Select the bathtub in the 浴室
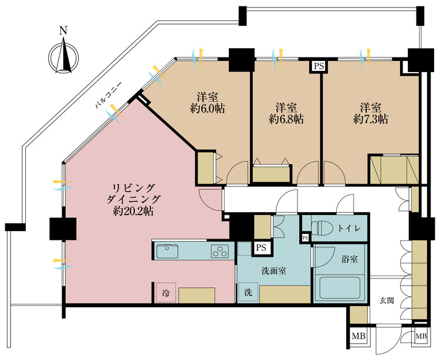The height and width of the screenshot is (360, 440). coord(340,288)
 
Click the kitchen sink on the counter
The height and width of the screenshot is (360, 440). coord(167,251)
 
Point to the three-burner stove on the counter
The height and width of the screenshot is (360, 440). coord(220,251)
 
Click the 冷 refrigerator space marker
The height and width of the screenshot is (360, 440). coord(165,293)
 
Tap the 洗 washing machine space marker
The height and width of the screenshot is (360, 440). coord(248,292)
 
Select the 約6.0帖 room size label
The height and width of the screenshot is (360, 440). coord(207,108)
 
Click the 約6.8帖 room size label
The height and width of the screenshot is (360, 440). coord(286,119)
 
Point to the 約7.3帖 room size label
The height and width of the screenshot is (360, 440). coord(371,119)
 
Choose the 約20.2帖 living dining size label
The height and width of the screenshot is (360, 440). coord(133,211)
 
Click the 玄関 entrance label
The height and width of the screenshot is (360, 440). coord(387,301)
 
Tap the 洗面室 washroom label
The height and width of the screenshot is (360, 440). coord(273,271)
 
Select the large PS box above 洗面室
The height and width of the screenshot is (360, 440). coord(261,247)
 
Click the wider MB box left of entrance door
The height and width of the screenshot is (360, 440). coord(358,335)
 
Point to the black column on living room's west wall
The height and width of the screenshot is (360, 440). coord(63,229)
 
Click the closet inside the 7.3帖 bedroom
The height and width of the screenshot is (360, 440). coord(394,169)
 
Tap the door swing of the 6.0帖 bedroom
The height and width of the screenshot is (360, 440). coord(237,173)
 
